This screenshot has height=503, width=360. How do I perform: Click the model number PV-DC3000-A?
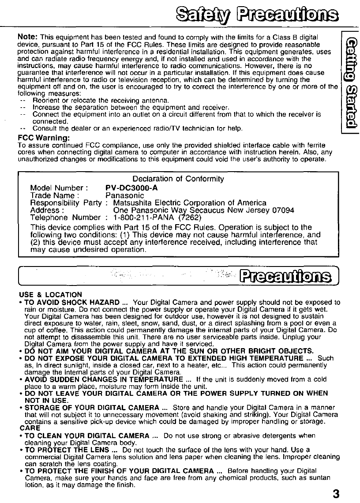132,187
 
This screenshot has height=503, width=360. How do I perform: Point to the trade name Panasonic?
125,195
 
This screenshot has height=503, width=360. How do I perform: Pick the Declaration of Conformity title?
178,179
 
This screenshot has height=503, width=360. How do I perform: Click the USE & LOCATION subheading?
51,294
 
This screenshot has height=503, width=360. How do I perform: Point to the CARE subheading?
30,428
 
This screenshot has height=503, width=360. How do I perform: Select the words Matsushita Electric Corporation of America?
190,203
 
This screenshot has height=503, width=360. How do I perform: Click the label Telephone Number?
65,218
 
